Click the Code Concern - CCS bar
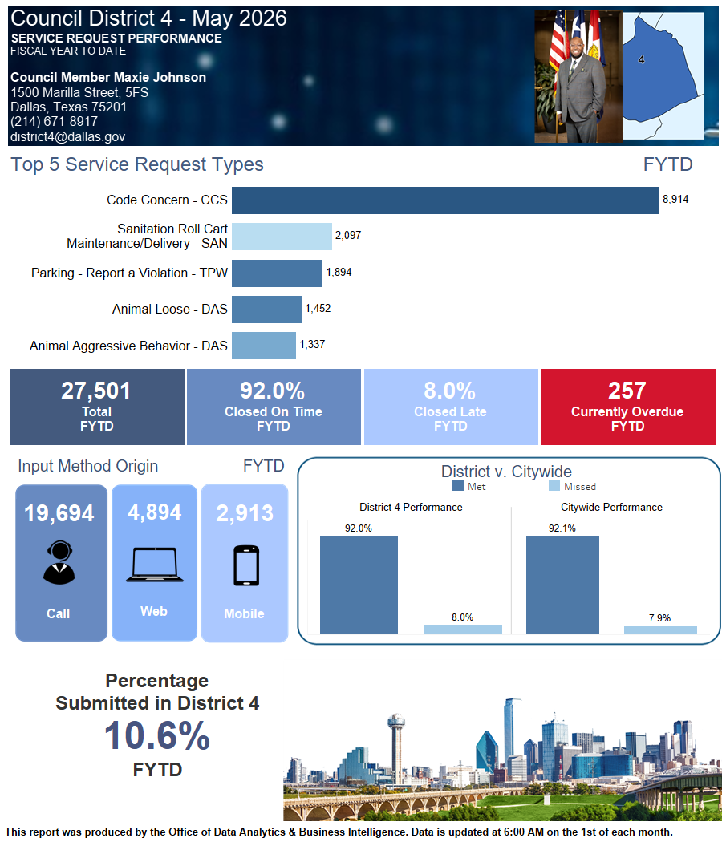(445, 200)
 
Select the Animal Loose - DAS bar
(266, 310)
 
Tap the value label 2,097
(348, 235)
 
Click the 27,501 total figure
(96, 391)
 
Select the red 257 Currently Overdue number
(627, 391)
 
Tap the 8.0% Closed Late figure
(449, 391)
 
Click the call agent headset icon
(59, 562)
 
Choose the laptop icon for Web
(155, 565)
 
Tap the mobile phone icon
(246, 565)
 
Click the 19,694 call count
(59, 513)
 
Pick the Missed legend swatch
(554, 486)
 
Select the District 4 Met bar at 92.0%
(359, 585)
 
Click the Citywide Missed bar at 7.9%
(660, 629)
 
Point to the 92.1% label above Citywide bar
(562, 528)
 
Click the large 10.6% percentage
(157, 735)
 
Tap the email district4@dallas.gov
(67, 137)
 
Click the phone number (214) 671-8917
(55, 122)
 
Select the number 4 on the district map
(642, 59)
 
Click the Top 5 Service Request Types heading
(137, 164)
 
